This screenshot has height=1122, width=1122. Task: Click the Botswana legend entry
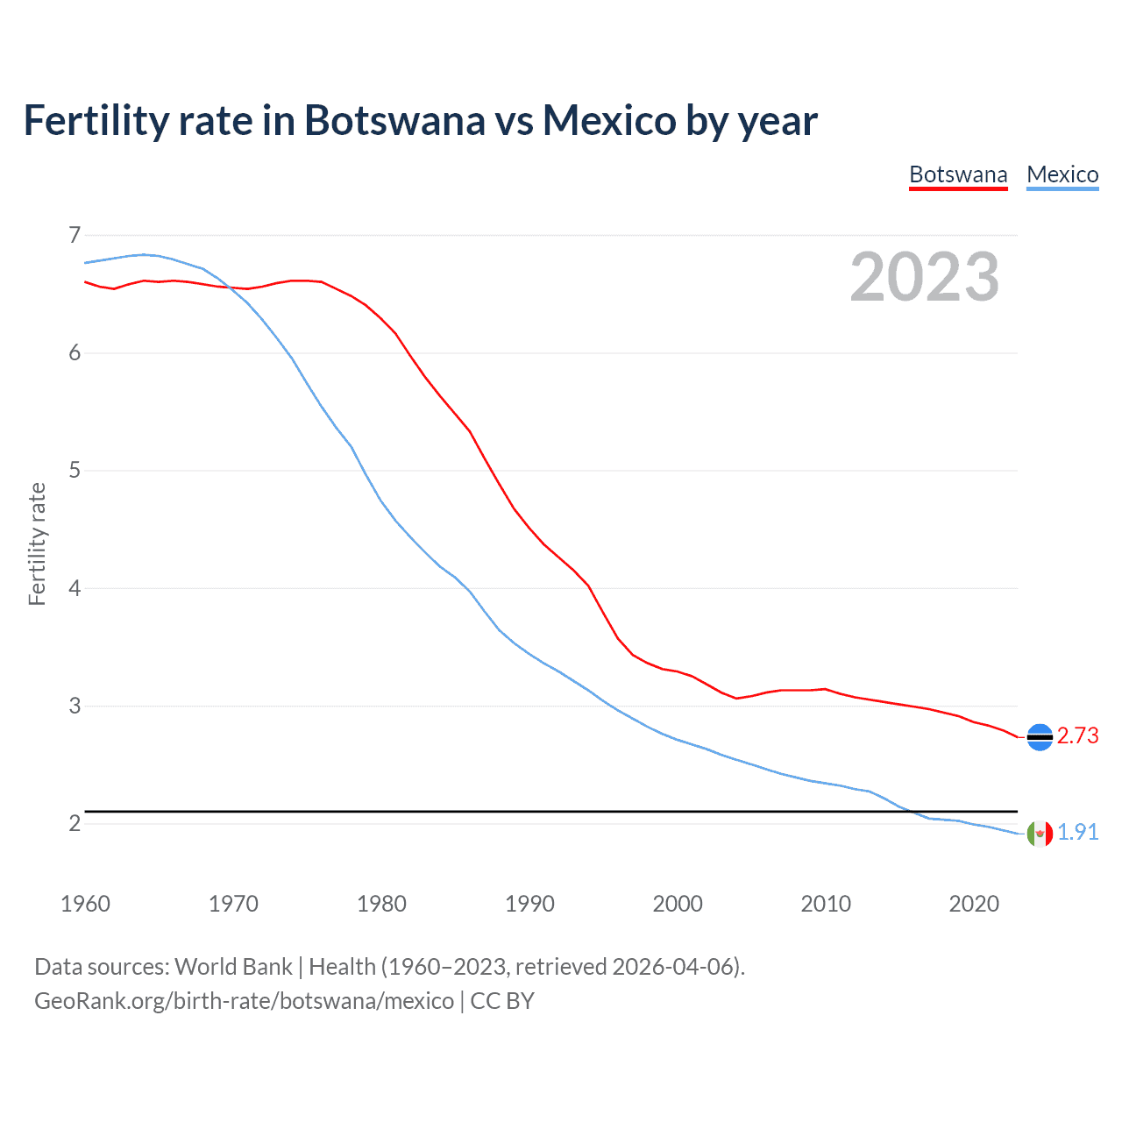click(958, 174)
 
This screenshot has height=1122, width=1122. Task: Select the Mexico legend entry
click(1062, 174)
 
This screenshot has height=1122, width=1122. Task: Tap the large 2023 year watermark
click(924, 277)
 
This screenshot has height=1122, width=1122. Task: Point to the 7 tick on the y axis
click(75, 235)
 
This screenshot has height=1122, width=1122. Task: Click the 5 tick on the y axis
click(75, 471)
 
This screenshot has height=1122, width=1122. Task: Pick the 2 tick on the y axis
click(75, 823)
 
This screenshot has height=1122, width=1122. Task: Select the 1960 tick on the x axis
click(85, 904)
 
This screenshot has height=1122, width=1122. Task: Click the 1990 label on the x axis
click(529, 904)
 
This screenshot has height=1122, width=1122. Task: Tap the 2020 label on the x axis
click(974, 904)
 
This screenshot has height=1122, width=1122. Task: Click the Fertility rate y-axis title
click(37, 543)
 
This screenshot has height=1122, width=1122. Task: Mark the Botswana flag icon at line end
click(1040, 737)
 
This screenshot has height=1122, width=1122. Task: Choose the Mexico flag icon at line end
click(1040, 833)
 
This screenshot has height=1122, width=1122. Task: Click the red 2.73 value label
click(1077, 736)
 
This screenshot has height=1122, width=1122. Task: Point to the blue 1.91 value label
click(1077, 833)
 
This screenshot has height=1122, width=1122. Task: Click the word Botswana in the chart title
click(394, 120)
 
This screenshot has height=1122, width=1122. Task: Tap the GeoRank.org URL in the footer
click(244, 1001)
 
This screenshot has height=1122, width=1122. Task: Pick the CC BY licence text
click(502, 1001)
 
